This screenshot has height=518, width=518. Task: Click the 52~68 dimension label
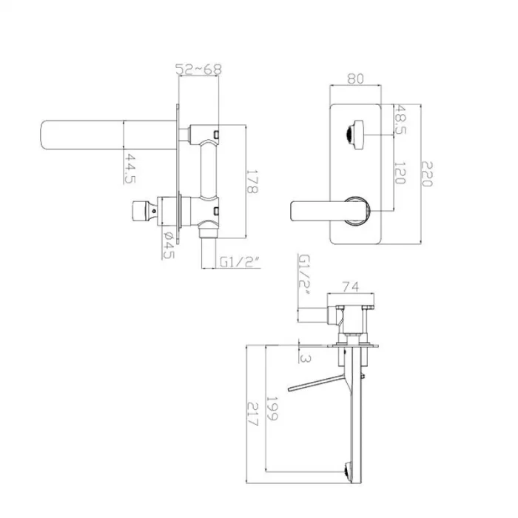pyautogui.click(x=197, y=70)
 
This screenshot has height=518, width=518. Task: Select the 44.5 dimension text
pyautogui.click(x=131, y=168)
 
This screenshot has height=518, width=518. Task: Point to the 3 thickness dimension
pyautogui.click(x=305, y=357)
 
